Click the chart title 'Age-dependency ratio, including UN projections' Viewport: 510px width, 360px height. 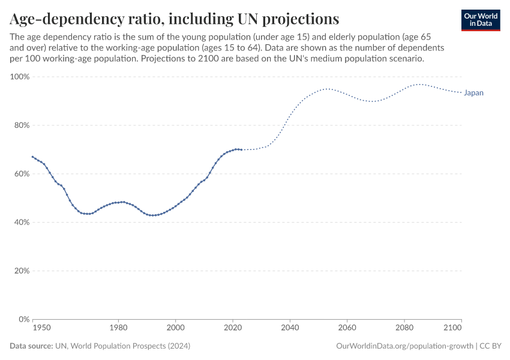coord(174,18)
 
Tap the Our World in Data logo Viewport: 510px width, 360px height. coord(481,20)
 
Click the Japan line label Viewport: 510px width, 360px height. coord(473,93)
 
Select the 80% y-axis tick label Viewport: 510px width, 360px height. coord(22,125)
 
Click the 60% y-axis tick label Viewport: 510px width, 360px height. coord(22,174)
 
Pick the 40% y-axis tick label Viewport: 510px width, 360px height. coord(22,222)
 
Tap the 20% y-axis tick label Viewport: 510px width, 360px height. coord(22,271)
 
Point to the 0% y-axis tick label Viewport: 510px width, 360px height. coord(24,319)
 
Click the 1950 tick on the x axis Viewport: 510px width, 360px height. coord(41,328)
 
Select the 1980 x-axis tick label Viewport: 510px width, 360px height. coord(118,328)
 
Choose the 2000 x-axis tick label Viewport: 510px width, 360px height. coord(175,328)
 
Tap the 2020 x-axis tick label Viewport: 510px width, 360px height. coord(233,328)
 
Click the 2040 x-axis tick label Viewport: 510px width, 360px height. coord(290,328)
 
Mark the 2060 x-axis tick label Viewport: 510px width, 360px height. coord(347,328)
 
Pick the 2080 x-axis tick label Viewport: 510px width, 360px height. coord(404,328)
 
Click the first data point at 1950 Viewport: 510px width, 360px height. coord(32,157)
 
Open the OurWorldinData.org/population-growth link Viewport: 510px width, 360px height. coord(405,346)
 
